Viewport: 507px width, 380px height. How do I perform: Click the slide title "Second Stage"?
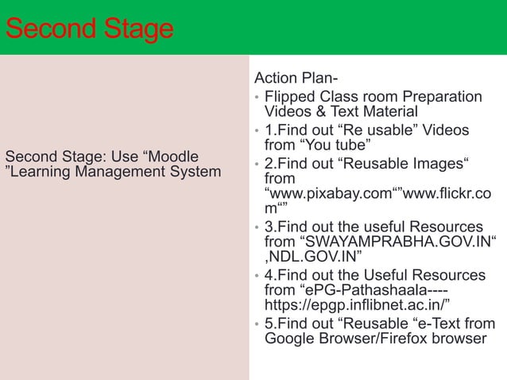pyautogui.click(x=88, y=30)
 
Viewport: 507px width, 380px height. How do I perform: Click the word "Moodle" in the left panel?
pyautogui.click(x=173, y=154)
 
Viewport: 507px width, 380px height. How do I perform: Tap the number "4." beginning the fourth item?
pyautogui.click(x=270, y=275)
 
